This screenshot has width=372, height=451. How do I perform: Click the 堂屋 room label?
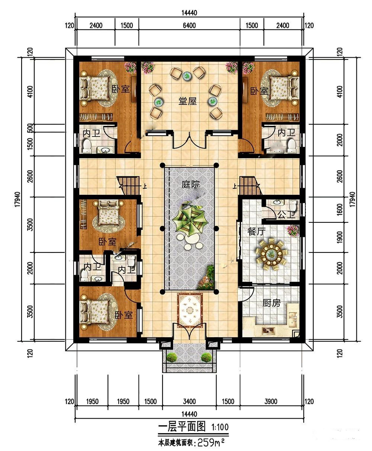point(187,101)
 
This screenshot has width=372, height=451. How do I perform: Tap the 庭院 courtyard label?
point(190,184)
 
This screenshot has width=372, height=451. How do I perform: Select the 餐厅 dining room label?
point(256,232)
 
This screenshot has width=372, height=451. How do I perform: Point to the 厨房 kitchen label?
point(272,303)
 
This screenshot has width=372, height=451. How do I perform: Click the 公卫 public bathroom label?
point(286,215)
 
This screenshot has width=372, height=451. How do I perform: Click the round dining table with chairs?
point(272,254)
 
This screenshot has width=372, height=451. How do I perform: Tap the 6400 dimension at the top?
point(189,26)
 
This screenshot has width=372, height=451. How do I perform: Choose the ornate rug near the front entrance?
point(190,309)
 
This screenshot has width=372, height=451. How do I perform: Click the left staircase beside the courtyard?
point(128,185)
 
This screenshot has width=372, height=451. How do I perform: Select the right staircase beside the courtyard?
point(251,185)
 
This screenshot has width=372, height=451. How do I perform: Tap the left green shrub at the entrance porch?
point(172,357)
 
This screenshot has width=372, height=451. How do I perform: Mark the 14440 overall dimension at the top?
point(189,13)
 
